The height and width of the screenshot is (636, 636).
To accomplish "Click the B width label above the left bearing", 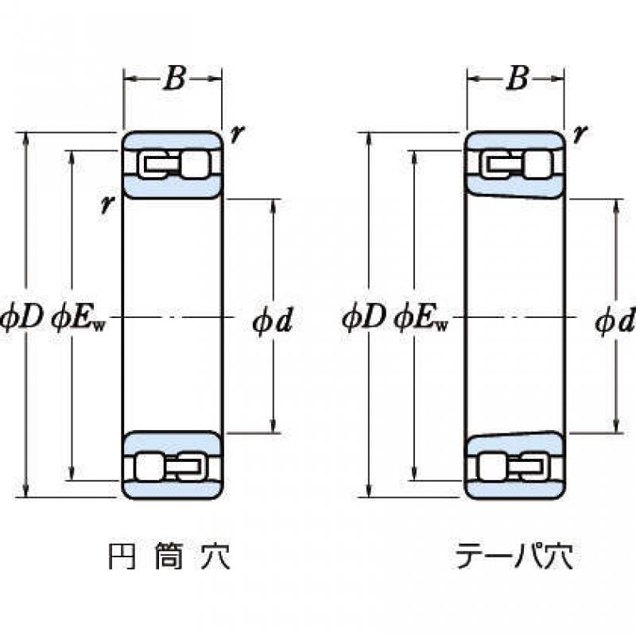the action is (175, 78).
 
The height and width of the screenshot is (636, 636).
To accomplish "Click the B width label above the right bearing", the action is (518, 78).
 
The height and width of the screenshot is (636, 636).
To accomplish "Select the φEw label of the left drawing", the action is (78, 320).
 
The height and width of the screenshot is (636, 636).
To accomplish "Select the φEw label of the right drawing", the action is (421, 320).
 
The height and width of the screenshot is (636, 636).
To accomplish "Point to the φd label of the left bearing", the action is (273, 321).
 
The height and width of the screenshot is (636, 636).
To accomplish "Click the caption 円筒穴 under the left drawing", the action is (169, 556).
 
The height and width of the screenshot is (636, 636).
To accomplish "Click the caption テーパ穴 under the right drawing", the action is (514, 556).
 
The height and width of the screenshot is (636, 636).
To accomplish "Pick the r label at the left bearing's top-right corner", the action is (237, 133).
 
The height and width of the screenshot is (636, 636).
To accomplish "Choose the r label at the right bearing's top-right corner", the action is (580, 133).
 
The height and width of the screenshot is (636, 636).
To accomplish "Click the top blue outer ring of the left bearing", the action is (173, 141).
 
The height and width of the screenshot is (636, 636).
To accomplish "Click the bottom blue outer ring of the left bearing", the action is (173, 490).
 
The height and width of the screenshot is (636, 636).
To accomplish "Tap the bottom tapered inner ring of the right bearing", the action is (514, 444).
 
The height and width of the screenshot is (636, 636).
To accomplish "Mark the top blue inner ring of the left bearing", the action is (173, 188).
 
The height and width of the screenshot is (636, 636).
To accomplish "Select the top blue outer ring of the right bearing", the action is (515, 141).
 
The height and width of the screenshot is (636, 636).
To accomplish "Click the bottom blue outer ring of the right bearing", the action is (515, 490).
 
